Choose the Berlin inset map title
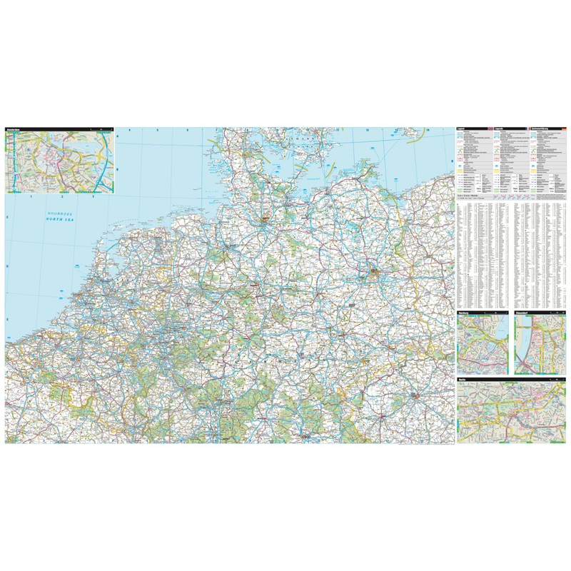pyautogui.click(x=463, y=380)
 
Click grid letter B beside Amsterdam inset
pyautogui.click(x=118, y=169)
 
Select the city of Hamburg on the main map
pyautogui.click(x=265, y=219)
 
